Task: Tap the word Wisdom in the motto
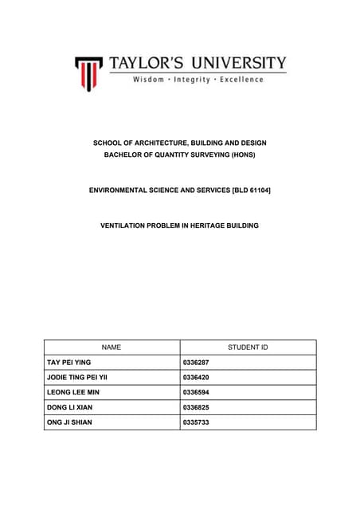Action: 148,80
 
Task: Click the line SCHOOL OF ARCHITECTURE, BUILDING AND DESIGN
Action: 180,143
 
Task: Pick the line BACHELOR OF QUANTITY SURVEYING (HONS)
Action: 180,155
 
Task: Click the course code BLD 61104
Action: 247,190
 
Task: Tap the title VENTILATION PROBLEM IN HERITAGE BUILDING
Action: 180,226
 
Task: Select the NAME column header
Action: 112,347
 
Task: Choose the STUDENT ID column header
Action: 248,347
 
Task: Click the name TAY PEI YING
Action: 69,363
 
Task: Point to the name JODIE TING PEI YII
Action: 77,377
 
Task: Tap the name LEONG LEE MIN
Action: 72,392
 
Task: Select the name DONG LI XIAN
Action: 69,407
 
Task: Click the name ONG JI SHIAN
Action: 70,422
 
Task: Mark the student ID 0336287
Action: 196,363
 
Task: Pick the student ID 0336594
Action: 196,392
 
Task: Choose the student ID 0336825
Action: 196,407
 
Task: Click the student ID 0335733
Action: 196,422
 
